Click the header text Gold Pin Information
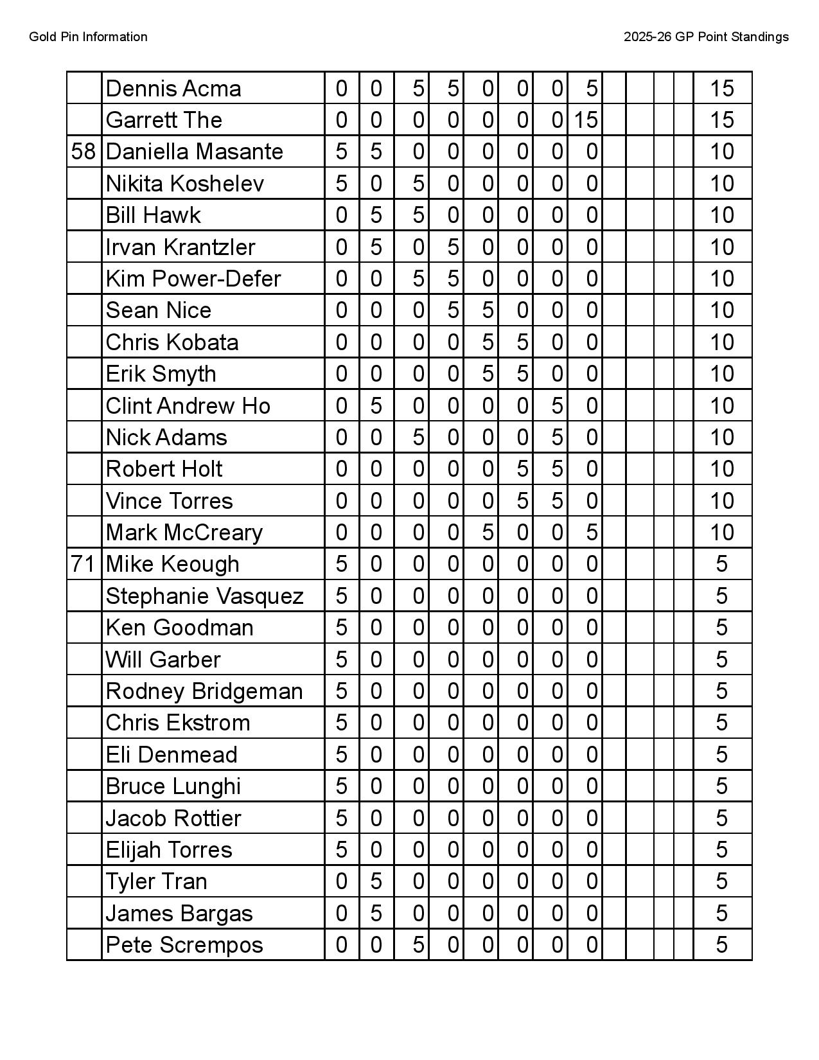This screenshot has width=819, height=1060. coord(88,37)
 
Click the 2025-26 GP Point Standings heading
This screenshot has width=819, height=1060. coord(706,37)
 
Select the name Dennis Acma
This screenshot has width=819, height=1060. coord(173,89)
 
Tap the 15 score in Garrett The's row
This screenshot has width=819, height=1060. coord(585,120)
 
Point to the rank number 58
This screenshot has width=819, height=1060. coord(84,152)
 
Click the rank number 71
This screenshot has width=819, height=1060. coord(84,564)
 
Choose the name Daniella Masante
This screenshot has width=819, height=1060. coord(194,152)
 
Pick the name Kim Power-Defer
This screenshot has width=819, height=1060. coord(193,279)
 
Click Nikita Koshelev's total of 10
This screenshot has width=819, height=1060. coord(721,184)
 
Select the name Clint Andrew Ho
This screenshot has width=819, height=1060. coord(188,406)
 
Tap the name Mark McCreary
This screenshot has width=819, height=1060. coord(184,533)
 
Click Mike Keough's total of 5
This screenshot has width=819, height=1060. coord(721,564)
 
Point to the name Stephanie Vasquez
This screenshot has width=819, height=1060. coord(204,596)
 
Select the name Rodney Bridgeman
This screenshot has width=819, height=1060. coord(204,691)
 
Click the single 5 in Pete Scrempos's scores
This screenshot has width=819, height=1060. coord(418,945)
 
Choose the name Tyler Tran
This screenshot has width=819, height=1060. coord(156,881)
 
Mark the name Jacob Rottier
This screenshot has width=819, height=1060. coord(173,818)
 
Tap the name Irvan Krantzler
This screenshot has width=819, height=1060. coord(180,247)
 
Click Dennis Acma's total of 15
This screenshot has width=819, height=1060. coord(721,89)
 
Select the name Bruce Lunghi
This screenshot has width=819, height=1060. coord(173,786)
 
